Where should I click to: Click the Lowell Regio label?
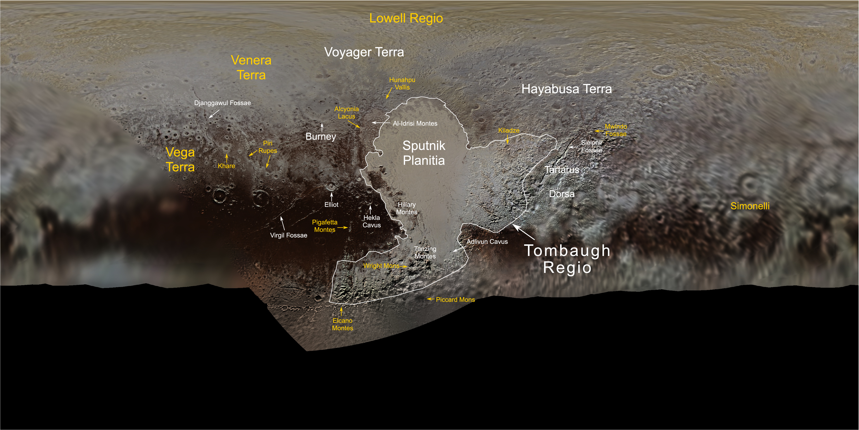[x=406, y=18]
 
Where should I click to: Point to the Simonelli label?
[x=750, y=206]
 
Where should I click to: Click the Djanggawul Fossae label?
[x=222, y=103]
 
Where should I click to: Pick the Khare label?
[x=226, y=166]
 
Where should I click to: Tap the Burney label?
[x=321, y=137]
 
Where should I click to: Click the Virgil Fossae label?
[x=288, y=235]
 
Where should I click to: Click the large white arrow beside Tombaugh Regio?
[x=523, y=232]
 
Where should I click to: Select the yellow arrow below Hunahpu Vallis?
[x=389, y=93]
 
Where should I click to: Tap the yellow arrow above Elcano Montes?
[x=341, y=311]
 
